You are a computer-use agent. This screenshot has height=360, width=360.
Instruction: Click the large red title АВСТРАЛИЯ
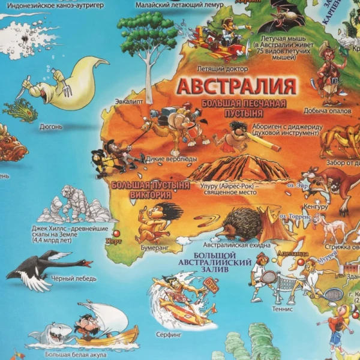pos(237,85)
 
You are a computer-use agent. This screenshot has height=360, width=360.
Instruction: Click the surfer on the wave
pos(180,297)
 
